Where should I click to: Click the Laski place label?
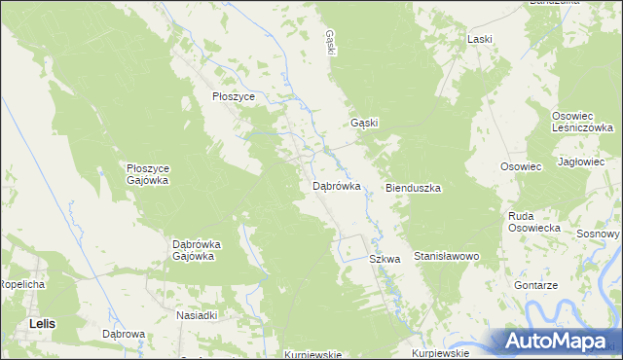click(479, 39)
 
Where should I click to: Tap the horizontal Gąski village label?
click(364, 124)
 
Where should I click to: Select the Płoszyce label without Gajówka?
click(234, 97)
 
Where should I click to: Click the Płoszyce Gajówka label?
click(149, 174)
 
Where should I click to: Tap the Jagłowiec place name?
click(581, 161)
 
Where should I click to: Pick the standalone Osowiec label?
click(521, 166)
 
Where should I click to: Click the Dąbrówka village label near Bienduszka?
click(337, 185)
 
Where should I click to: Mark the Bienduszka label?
click(414, 187)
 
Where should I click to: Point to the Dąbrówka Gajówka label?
click(193, 250)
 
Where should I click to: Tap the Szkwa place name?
click(385, 260)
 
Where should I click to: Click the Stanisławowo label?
click(448, 256)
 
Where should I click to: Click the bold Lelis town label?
click(42, 322)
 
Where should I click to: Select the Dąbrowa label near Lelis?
click(124, 334)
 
